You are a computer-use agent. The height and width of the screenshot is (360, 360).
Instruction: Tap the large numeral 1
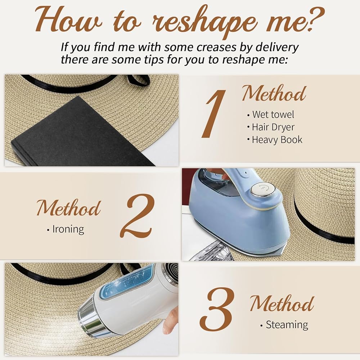214,114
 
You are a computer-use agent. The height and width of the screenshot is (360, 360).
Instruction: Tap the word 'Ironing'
68,229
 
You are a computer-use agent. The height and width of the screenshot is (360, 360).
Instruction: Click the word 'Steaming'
287,325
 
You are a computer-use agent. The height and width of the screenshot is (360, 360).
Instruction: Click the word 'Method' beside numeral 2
68,208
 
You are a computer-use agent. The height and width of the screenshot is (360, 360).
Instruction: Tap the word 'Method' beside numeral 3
282,303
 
